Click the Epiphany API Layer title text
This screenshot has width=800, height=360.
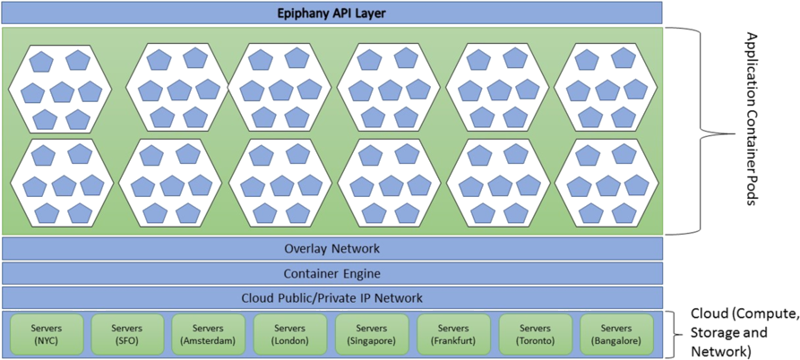(331, 13)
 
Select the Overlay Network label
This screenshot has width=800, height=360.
(331, 249)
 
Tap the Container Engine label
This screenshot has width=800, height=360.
(331, 273)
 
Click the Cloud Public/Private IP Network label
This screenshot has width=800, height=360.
(331, 297)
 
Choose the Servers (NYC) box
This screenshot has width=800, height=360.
(45, 333)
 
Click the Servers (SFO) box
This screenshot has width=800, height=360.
(125, 333)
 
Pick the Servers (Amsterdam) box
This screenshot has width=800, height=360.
(207, 333)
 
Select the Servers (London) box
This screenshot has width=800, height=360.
(289, 333)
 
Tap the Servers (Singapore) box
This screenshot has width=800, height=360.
(372, 333)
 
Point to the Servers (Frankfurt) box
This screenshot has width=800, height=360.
(453, 333)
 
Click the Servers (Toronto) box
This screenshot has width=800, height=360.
(535, 333)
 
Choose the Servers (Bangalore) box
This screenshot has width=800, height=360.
(616, 333)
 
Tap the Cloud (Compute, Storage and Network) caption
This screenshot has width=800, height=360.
(743, 333)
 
